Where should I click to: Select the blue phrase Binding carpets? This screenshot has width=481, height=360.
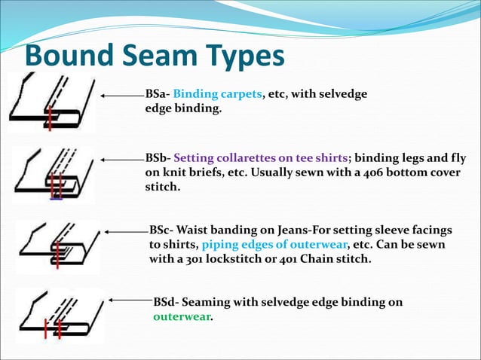[x=217, y=95]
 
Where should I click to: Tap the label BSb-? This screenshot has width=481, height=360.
[x=158, y=159]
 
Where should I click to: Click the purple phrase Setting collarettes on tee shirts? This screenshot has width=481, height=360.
[x=261, y=159]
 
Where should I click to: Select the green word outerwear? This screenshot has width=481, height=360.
[x=182, y=317]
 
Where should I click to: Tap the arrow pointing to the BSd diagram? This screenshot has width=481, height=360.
[x=130, y=301]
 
